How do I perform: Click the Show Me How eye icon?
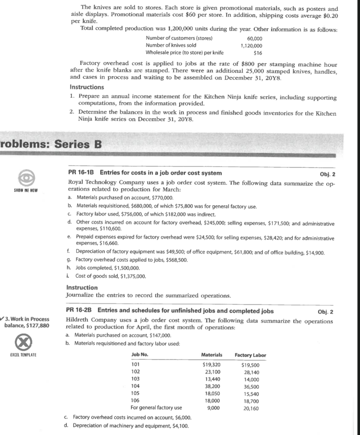click(x=25, y=179)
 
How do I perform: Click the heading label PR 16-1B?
click(x=81, y=173)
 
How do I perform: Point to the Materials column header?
click(x=212, y=355)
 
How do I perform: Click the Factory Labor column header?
click(x=250, y=355)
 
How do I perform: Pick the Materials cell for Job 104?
click(x=212, y=386)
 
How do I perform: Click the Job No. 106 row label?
click(x=135, y=401)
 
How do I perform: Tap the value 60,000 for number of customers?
click(x=255, y=39)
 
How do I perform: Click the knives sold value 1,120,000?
click(x=251, y=46)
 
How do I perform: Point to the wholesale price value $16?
click(x=258, y=53)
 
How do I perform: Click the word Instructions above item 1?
click(x=87, y=87)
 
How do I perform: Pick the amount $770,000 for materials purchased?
click(x=162, y=198)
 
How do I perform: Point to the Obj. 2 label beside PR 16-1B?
click(x=327, y=174)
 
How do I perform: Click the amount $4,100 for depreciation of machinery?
click(x=181, y=426)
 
